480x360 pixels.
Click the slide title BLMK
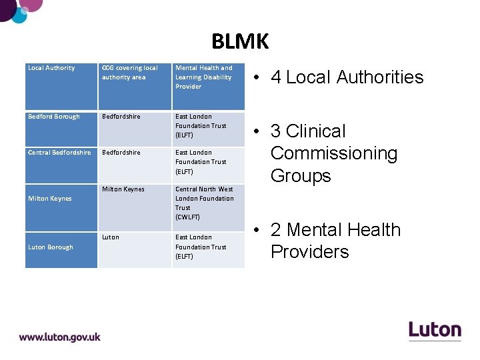coord(240,41)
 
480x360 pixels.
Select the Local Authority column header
coord(51,68)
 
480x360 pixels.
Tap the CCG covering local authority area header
coord(130,73)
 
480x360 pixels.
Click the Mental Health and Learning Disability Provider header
coord(204,77)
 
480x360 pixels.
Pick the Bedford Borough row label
coord(54,117)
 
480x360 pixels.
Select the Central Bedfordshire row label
coord(59,153)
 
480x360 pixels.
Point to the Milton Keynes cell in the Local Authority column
coord(50,199)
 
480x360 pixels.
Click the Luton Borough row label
coord(51,247)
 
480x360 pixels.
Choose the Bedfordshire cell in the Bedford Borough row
coord(121,117)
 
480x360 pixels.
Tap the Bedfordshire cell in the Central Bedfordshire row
coord(121,153)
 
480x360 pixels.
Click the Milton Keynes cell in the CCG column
coord(123,189)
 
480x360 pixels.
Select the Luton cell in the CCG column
coord(111,237)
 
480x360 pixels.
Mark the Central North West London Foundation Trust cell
coord(204,203)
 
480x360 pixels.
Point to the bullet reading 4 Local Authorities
coord(347,77)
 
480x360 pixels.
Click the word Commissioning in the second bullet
coord(334,153)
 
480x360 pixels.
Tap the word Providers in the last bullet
coord(309,252)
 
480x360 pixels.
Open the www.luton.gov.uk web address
coord(60,337)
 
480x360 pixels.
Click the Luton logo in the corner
coord(435,330)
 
